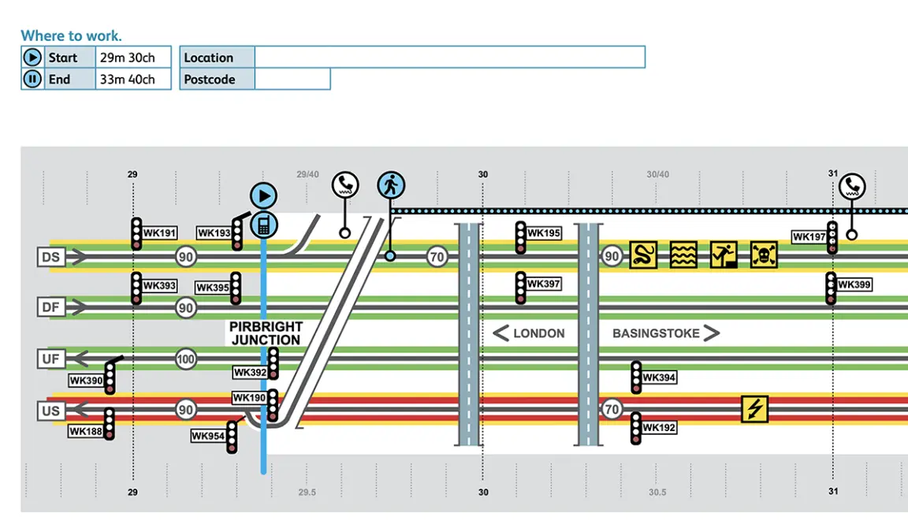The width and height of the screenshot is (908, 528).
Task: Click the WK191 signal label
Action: pos(159,233)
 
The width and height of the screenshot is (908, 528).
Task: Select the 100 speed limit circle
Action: pos(185,360)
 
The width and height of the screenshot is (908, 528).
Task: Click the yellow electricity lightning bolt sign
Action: pos(754,409)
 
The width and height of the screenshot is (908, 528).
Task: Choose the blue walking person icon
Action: pos(390,185)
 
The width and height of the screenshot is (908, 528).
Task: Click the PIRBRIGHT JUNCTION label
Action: pos(266,333)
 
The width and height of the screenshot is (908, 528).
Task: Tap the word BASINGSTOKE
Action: pos(656,333)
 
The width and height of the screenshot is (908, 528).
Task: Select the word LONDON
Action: pos(538,333)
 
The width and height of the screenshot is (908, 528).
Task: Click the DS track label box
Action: pos(51,257)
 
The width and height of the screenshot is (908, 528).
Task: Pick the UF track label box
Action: pos(51,360)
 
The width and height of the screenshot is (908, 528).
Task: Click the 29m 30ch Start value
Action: pos(127,58)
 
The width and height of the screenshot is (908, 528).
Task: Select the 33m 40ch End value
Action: pos(127,79)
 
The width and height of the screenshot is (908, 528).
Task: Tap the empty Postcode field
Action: pos(292,79)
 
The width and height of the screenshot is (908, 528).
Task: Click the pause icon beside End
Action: pos(32,79)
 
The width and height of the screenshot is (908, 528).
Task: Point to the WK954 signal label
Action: pos(208,436)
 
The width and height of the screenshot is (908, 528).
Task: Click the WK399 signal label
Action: pos(854,284)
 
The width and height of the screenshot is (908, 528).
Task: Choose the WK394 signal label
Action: pos(659,377)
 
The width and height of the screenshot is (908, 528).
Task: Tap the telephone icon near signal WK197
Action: pos(851,187)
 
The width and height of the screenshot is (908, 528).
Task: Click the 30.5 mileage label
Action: pos(657,493)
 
